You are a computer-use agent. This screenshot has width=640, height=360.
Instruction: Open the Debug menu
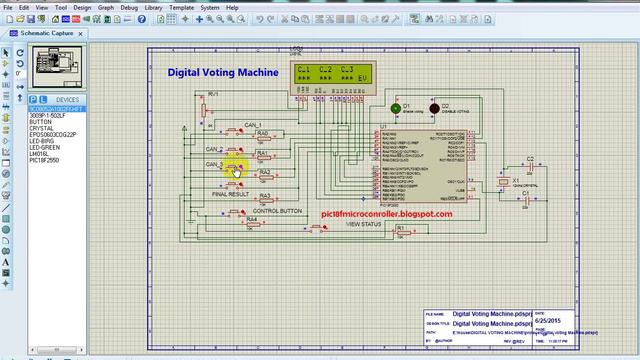coord(129,7)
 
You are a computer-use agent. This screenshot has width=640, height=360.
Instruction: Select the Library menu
coord(154,7)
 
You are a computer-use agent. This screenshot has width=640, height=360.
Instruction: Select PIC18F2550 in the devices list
coord(45,160)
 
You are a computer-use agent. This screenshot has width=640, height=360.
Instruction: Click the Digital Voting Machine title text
coord(222,73)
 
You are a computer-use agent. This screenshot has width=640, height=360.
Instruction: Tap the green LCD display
coord(329,73)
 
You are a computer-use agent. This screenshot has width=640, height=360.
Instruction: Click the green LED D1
coord(395,107)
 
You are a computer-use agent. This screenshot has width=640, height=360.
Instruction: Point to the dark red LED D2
coord(434,108)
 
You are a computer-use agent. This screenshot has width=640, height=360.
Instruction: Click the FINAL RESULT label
coord(232,194)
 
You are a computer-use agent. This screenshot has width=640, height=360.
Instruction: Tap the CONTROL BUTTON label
coord(277,211)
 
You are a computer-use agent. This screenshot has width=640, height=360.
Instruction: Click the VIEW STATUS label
coord(364,224)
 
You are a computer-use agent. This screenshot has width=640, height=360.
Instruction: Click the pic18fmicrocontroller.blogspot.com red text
coord(386,213)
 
